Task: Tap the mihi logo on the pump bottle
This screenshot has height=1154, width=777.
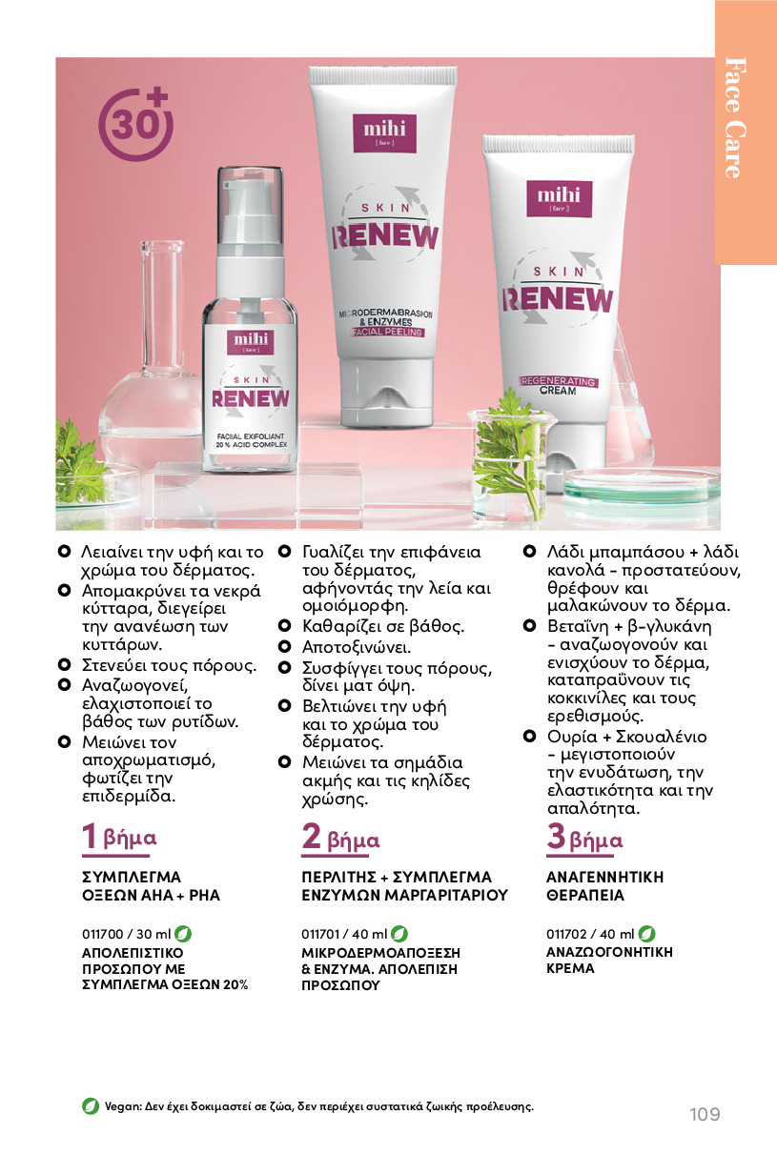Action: point(251,342)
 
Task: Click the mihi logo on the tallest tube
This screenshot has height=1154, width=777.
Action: point(385,132)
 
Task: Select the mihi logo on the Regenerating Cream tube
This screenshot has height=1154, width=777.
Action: point(559,198)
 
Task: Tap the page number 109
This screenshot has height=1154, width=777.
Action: point(705,1114)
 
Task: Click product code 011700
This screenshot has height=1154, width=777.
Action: point(103,934)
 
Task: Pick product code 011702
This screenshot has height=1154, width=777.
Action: point(566,934)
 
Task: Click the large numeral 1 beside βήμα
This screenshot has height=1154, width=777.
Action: point(90,836)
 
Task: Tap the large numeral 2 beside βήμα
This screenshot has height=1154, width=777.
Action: point(311,836)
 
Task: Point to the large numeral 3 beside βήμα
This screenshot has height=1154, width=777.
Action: point(557,836)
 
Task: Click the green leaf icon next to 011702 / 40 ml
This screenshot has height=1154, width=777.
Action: point(646,933)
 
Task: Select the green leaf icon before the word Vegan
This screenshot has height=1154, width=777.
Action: point(91,1105)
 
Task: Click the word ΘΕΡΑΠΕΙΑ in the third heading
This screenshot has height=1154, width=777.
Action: point(584,896)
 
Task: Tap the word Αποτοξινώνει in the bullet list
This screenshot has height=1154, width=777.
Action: point(357,647)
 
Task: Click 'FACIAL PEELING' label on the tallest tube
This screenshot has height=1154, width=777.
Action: point(387,333)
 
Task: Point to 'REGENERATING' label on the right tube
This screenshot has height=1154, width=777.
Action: point(558,381)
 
